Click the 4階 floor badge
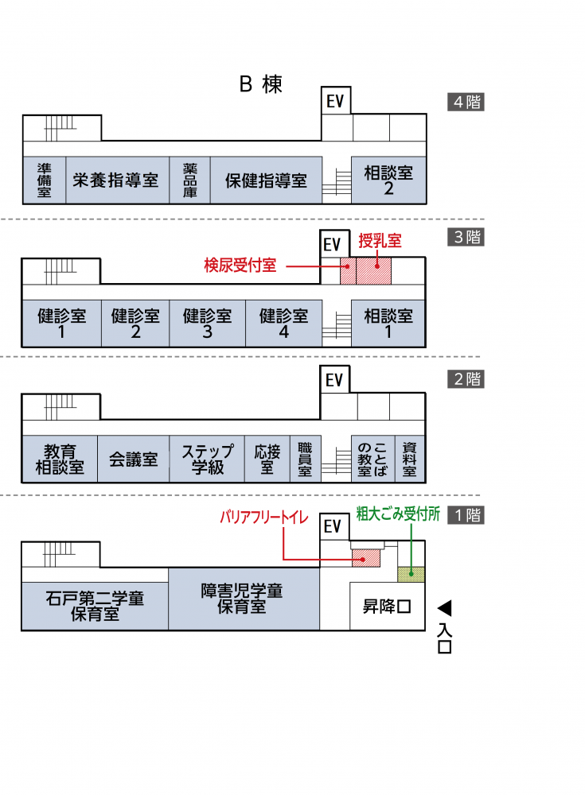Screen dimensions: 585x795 tap(466, 102)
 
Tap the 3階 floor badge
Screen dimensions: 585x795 tap(466, 237)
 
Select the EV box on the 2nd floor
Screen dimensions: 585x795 tap(334, 380)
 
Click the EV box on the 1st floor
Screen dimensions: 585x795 tap(334, 526)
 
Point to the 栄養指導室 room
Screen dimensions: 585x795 tap(117, 180)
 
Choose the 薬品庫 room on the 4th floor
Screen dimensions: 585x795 tap(190, 180)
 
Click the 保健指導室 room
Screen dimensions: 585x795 tap(266, 180)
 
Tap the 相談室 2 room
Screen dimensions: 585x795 tap(388, 180)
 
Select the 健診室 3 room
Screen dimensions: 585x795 tap(207, 324)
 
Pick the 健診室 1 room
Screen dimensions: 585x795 tap(61, 324)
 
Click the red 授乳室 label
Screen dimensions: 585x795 tap(380, 240)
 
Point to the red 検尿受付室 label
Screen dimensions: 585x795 tap(240, 266)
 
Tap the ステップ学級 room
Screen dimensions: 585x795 tap(207, 459)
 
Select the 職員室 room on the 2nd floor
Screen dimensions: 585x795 tap(305, 459)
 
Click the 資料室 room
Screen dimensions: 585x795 tap(410, 459)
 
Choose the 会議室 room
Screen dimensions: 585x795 tap(134, 459)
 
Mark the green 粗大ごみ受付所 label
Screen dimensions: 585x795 tap(398, 514)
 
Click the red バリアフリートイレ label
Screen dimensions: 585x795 tap(264, 517)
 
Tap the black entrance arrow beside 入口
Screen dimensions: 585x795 tap(445, 608)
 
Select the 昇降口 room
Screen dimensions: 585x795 tap(387, 607)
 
